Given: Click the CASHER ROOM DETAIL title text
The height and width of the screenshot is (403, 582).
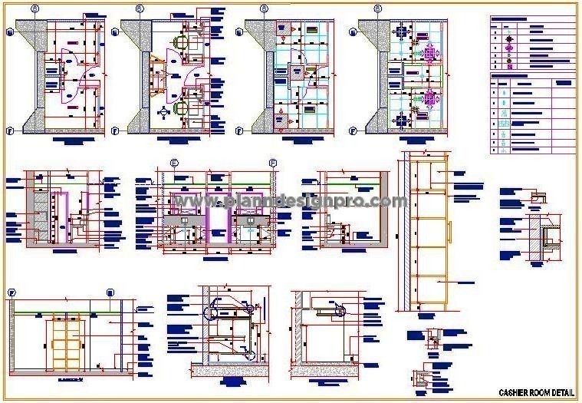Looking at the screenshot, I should [535, 392].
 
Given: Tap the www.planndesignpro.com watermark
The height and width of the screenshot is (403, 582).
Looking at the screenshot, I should [291, 202].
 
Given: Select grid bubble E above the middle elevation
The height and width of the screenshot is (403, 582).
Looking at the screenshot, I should [174, 163].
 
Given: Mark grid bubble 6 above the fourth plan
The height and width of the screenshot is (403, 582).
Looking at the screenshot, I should [377, 8].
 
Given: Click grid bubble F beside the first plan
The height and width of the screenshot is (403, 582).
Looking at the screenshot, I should [9, 130].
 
